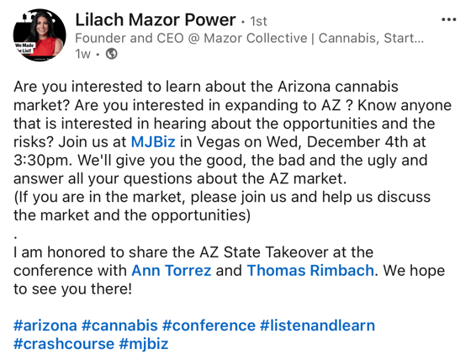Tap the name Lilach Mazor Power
154,19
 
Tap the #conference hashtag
208,326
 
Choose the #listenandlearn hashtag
317,326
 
